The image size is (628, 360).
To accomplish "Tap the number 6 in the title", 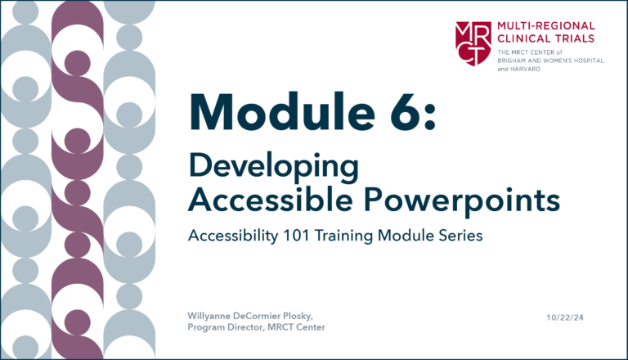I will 401,111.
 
